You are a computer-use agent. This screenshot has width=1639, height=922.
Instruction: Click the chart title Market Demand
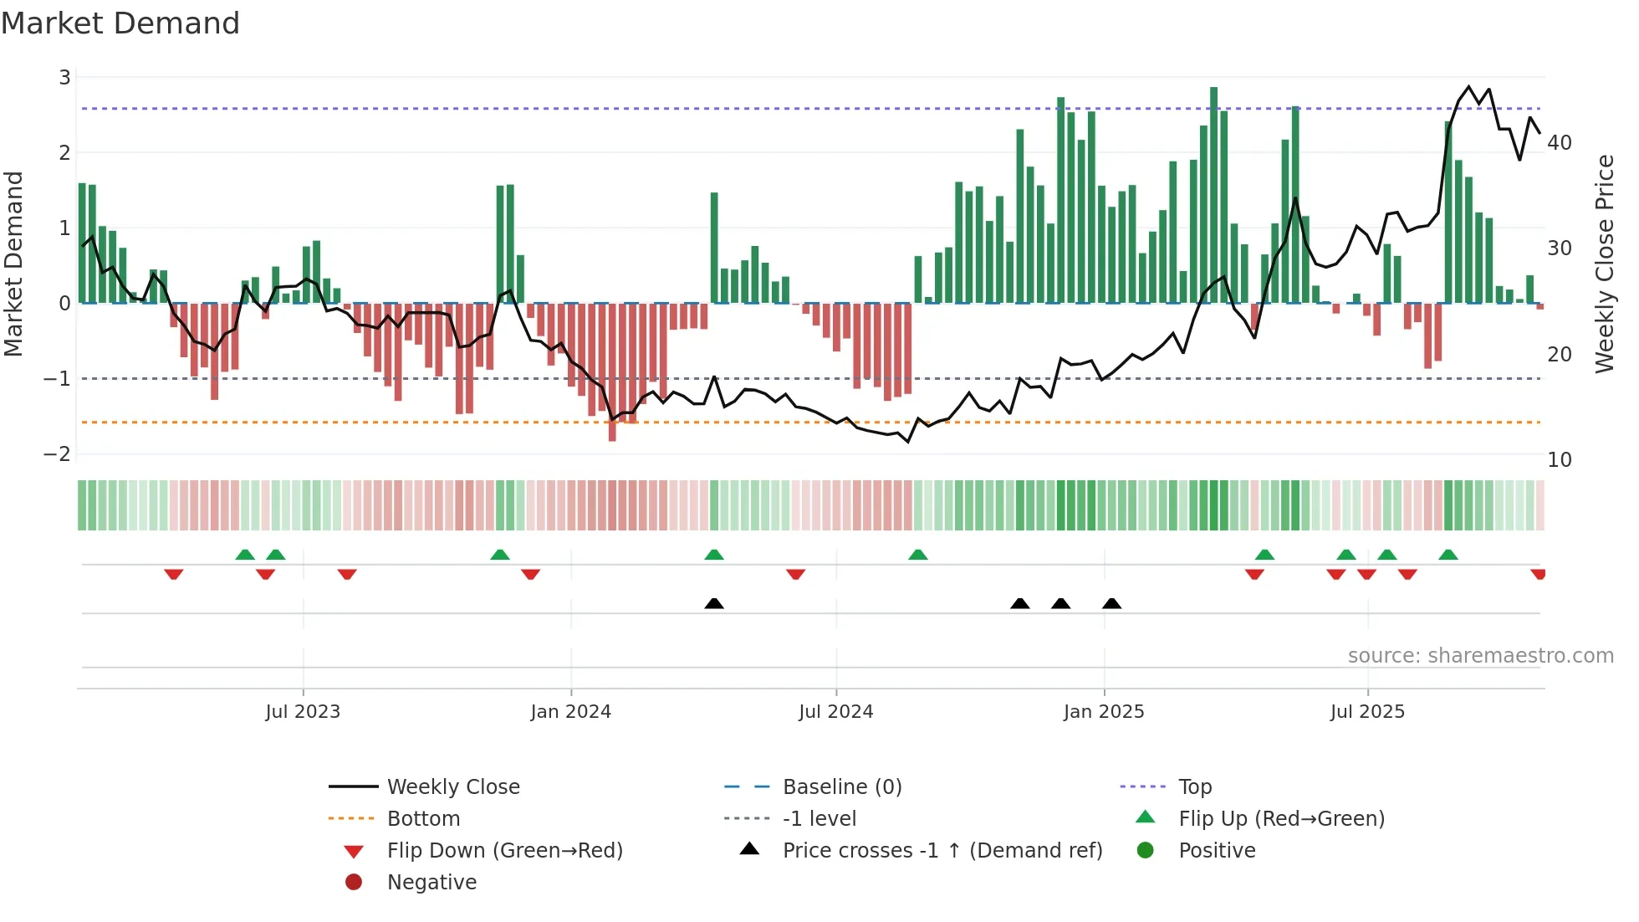point(120,23)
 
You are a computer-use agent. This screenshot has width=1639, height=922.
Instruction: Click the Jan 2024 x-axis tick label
point(570,712)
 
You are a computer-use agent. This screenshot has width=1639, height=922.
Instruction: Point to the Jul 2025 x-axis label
point(1367,712)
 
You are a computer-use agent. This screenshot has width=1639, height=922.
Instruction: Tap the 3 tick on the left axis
point(64,78)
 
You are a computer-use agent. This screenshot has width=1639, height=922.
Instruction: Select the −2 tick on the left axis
point(57,454)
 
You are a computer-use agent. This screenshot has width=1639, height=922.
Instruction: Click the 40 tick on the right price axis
point(1559,143)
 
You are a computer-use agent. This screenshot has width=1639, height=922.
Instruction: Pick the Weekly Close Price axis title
point(1604,264)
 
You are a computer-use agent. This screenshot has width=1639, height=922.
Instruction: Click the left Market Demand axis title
point(13,264)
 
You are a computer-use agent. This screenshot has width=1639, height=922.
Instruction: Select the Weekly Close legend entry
point(452,787)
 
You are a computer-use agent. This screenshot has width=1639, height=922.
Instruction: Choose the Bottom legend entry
point(423,819)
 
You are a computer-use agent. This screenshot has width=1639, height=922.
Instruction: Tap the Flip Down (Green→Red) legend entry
point(504,851)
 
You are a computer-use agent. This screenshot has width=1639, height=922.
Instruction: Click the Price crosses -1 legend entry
point(942,851)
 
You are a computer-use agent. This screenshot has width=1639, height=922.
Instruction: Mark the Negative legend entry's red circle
point(354,883)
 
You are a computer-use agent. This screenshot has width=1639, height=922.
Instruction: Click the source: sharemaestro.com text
point(1480,656)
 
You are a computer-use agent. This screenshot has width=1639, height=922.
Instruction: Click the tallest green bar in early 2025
point(1213,194)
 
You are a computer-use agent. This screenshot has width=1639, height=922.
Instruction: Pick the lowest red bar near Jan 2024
point(612,372)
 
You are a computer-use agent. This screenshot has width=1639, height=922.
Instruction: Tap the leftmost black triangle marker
point(714,604)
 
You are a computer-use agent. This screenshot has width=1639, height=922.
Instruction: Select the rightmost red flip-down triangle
point(1538,574)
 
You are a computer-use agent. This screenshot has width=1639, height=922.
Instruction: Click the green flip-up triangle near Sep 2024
point(918,555)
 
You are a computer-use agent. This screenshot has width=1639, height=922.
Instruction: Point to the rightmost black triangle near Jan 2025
point(1111,604)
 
